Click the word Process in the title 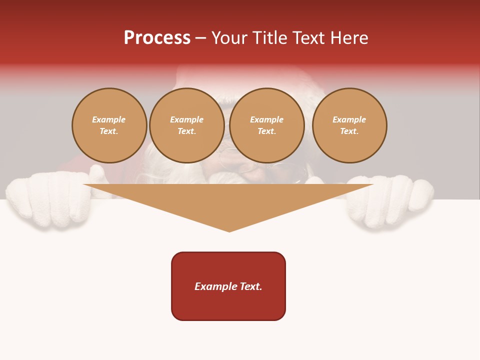coord(157,37)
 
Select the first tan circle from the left coord(109,125)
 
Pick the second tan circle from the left coord(186,125)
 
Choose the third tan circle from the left coord(266,125)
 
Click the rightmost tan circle coord(349,125)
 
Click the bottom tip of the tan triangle coord(229,231)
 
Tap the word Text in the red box coord(250,286)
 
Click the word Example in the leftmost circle coord(109,119)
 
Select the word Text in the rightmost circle coord(349,131)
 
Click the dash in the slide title coord(200,37)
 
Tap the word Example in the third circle coord(266,119)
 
